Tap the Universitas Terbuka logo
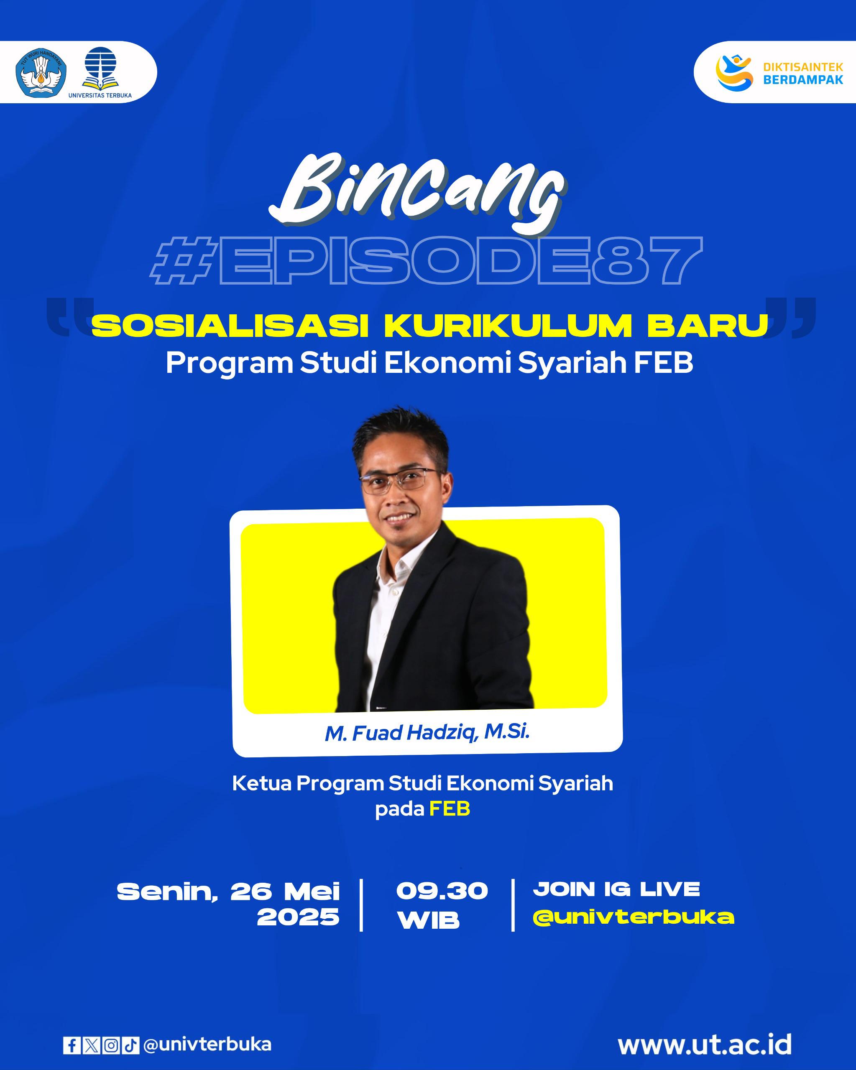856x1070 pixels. [x=100, y=72]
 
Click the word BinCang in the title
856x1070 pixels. [x=416, y=194]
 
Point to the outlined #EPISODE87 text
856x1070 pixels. [x=426, y=260]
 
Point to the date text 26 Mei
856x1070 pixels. [x=285, y=892]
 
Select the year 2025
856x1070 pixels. [x=298, y=917]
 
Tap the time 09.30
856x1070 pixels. [x=442, y=892]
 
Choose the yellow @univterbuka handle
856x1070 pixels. [x=634, y=917]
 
